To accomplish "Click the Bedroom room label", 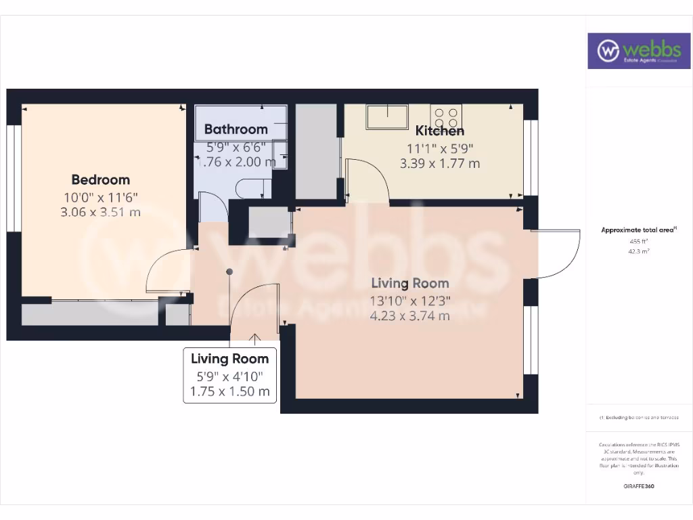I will click(x=101, y=179).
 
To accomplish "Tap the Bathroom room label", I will click(x=236, y=129).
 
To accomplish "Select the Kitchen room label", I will click(x=439, y=131).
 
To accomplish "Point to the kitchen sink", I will click(x=387, y=116).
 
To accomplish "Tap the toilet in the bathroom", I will click(x=251, y=188).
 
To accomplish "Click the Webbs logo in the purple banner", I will click(x=634, y=51).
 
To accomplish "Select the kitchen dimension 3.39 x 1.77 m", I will click(x=439, y=163).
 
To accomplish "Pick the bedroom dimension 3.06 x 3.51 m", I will click(x=101, y=212).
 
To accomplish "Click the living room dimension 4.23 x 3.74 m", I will click(x=409, y=316).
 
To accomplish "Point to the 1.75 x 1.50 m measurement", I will click(x=230, y=391).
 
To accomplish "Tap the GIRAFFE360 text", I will click(x=639, y=486).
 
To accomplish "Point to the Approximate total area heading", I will click(x=638, y=230).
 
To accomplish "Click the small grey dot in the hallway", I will click(x=229, y=272).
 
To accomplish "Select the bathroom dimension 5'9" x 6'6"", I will click(x=236, y=146).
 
